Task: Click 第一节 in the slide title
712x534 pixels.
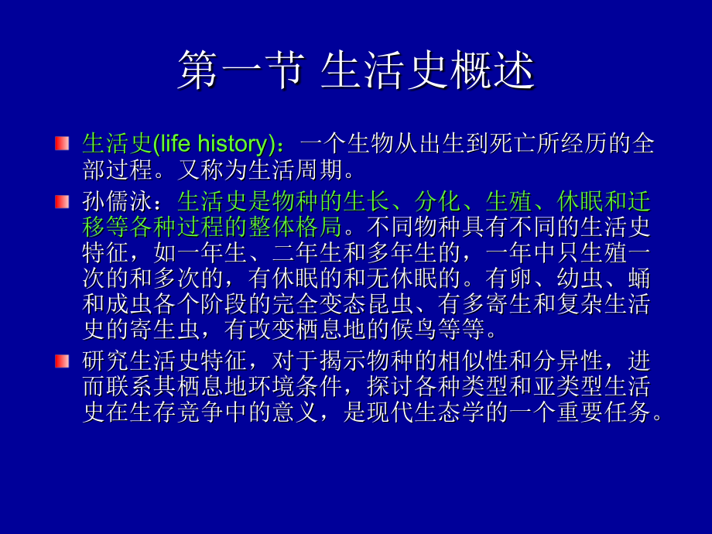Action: pyautogui.click(x=241, y=70)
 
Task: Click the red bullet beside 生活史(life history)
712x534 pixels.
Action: pyautogui.click(x=62, y=143)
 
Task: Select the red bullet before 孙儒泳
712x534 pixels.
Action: pyautogui.click(x=62, y=202)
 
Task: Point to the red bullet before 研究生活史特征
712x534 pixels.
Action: pyautogui.click(x=62, y=361)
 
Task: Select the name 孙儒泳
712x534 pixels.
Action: pyautogui.click(x=117, y=202)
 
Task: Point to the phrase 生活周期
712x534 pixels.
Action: pyautogui.click(x=295, y=169)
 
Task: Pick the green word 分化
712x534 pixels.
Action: pyautogui.click(x=437, y=202)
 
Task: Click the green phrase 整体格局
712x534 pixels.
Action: pyautogui.click(x=295, y=227)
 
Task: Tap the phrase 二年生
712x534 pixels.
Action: pyautogui.click(x=307, y=252)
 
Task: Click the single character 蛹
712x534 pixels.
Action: pyautogui.click(x=639, y=278)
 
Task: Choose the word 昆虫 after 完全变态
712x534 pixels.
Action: pyautogui.click(x=389, y=303)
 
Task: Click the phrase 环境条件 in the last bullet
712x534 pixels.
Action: pyautogui.click(x=295, y=387)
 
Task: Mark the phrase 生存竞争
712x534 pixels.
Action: pyautogui.click(x=176, y=412)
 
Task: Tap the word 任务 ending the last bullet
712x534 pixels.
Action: pyautogui.click(x=627, y=412)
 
